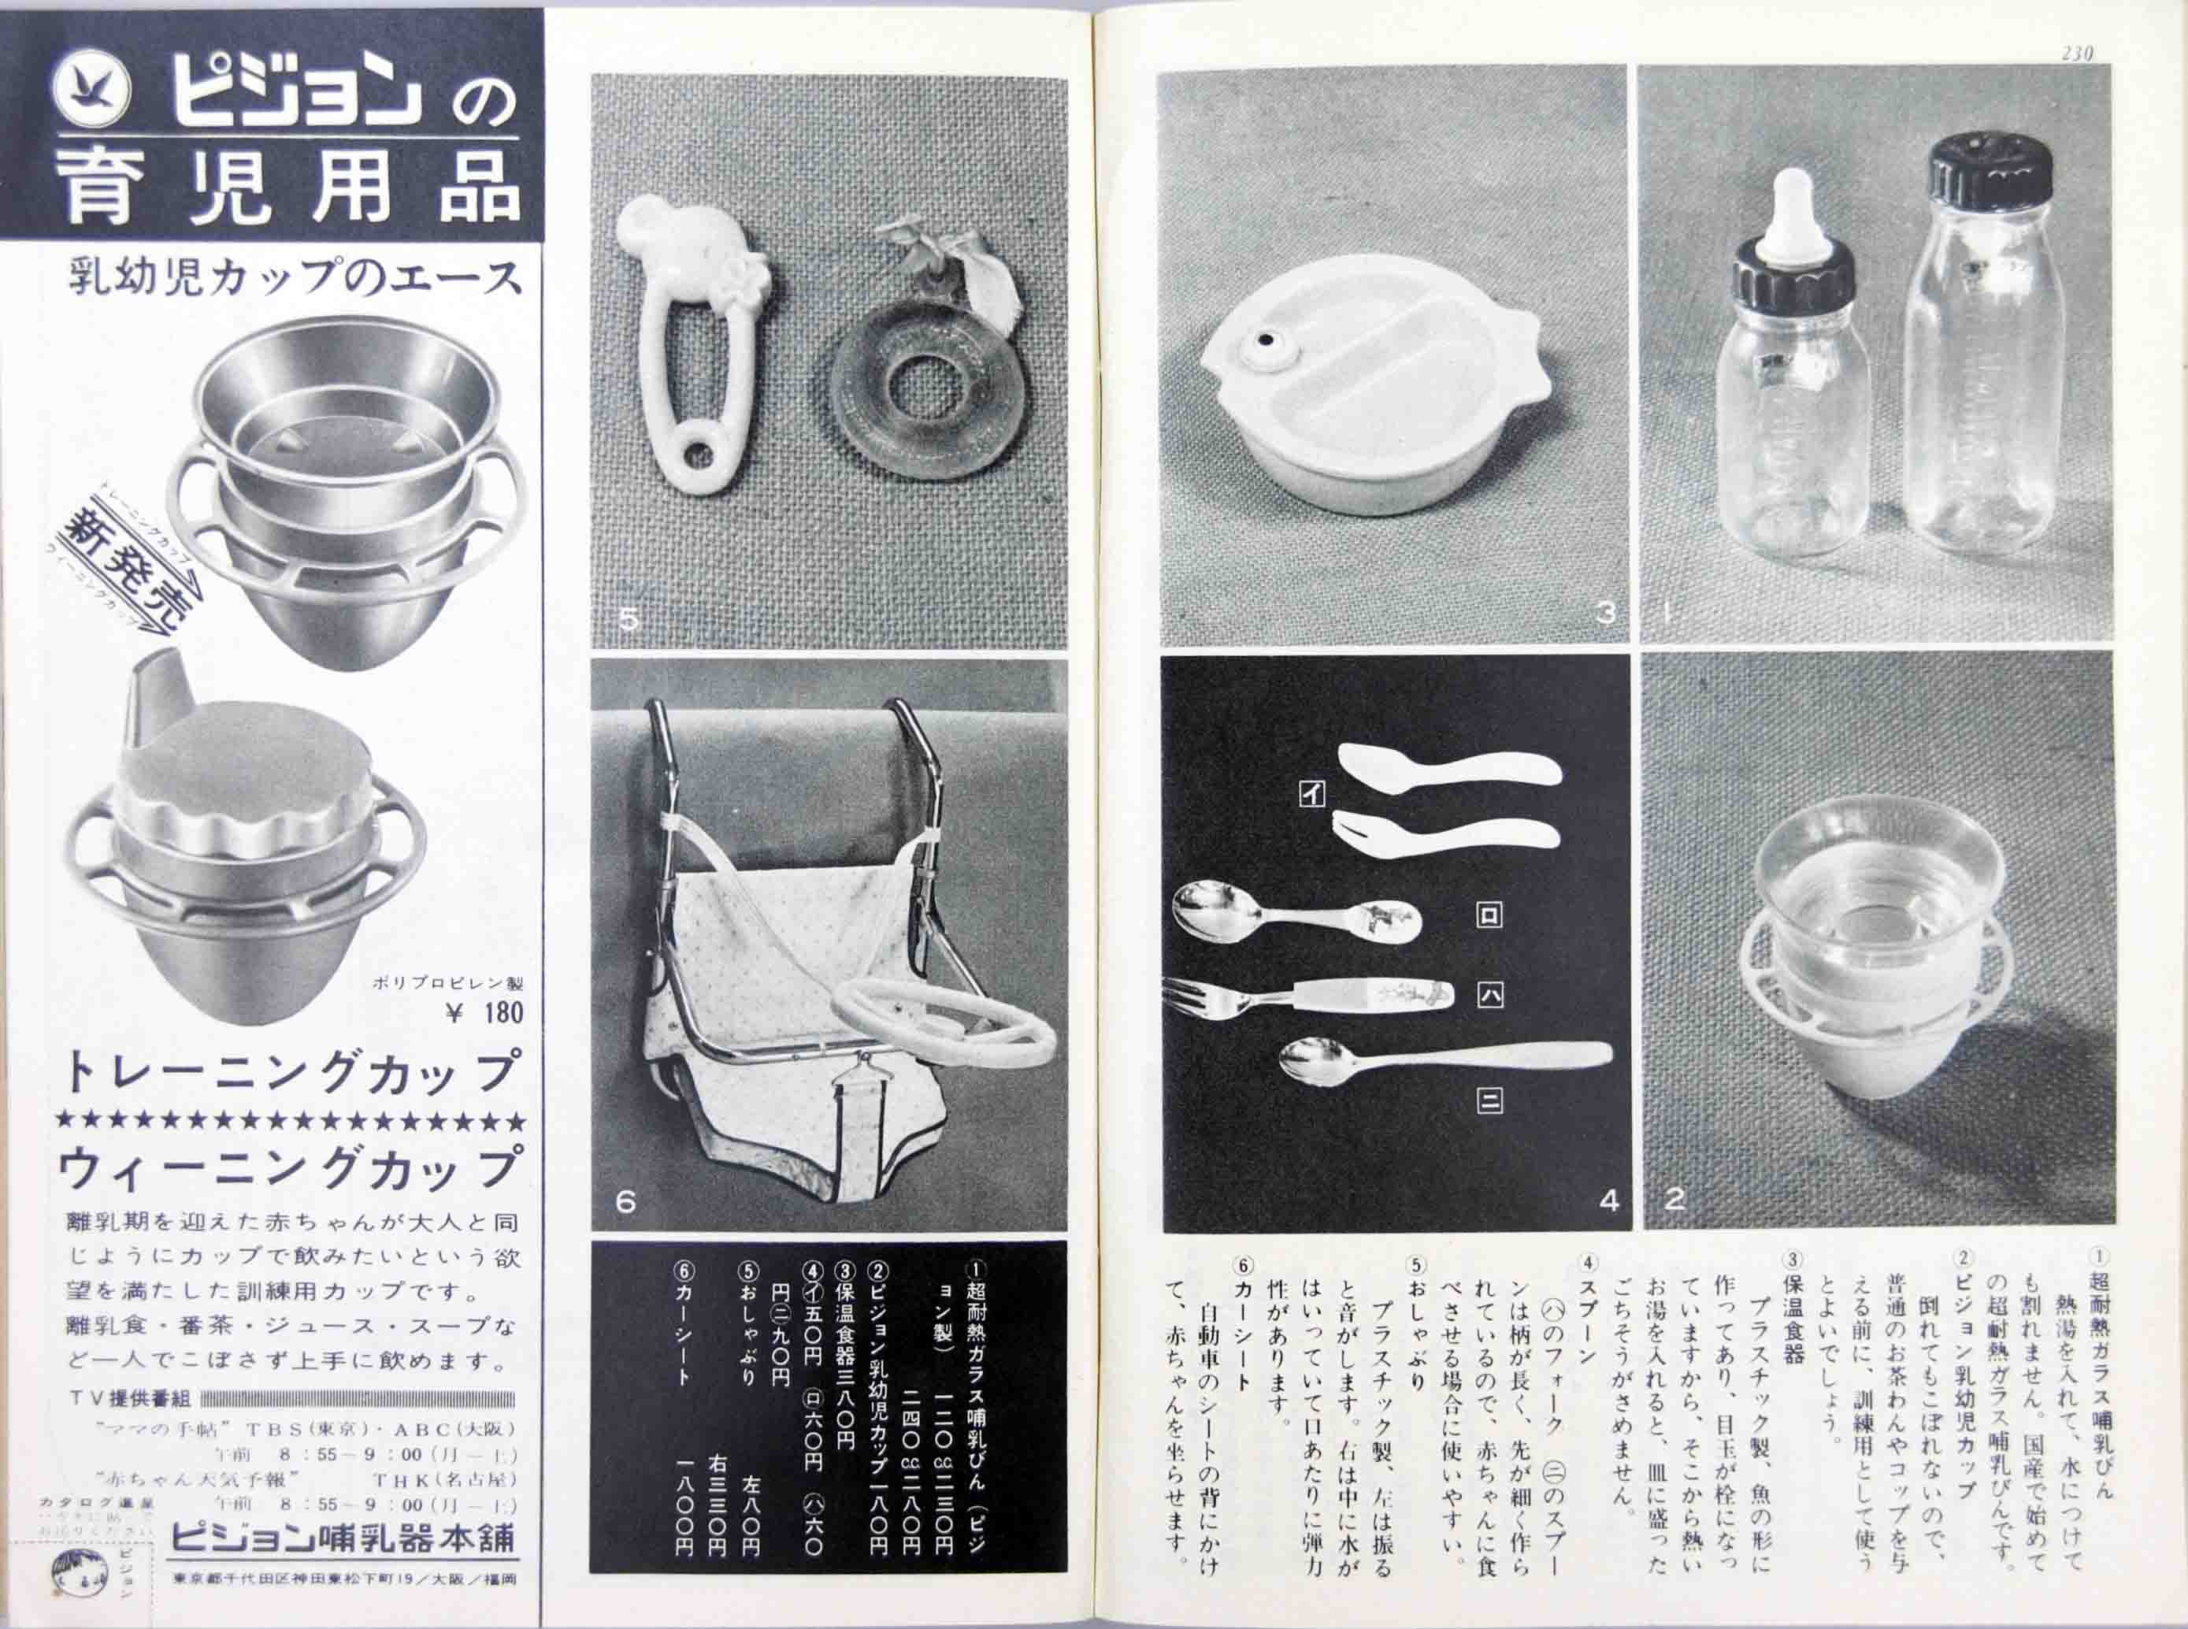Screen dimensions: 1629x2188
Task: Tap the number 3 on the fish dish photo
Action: point(1604,612)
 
